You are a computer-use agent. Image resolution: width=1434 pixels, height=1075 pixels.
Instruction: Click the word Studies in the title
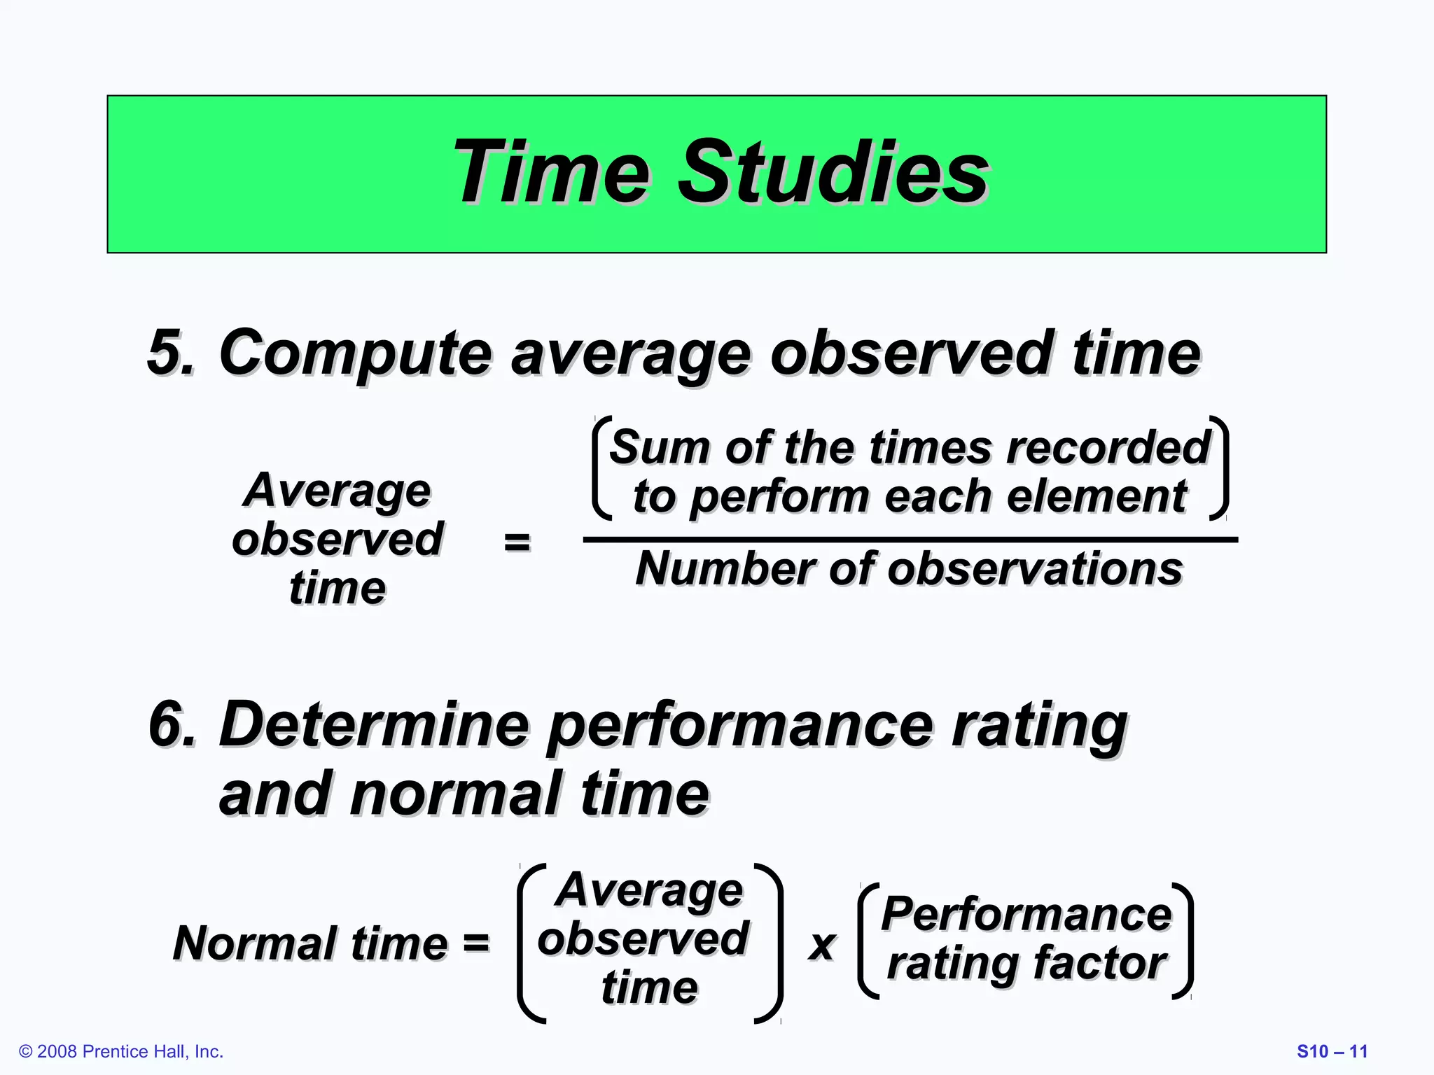[x=833, y=171]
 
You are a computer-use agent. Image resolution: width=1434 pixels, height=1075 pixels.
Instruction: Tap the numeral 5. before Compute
[x=170, y=352]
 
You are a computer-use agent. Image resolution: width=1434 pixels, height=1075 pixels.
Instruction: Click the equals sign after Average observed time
[x=517, y=542]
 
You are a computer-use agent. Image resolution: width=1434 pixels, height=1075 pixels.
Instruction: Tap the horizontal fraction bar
[x=910, y=540]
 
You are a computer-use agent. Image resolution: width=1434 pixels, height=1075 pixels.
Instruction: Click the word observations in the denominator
[x=1035, y=568]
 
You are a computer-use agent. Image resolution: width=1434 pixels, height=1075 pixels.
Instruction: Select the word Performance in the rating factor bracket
[x=1026, y=914]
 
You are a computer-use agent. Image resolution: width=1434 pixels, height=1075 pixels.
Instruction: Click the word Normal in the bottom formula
[x=252, y=943]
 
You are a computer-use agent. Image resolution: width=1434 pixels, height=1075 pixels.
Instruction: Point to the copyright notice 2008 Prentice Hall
[x=121, y=1051]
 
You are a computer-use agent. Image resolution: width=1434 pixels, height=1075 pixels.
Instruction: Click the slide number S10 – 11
[x=1332, y=1051]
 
